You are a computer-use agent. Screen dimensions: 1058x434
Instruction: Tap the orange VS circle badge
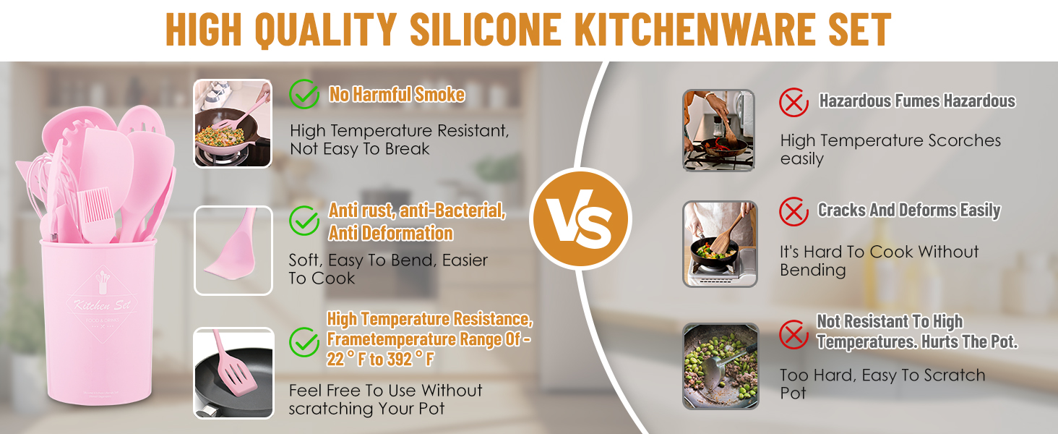coord(580,218)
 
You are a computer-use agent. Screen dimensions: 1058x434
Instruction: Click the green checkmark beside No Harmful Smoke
coord(304,94)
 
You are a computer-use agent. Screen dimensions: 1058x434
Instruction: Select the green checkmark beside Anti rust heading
coord(304,221)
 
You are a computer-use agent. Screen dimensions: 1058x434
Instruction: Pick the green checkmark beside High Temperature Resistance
coord(304,342)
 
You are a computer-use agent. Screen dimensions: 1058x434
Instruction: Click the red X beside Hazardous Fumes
coord(794,102)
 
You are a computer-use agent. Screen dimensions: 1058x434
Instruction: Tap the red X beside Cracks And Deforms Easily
coord(794,211)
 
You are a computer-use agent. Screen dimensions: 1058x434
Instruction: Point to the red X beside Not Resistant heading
coord(794,334)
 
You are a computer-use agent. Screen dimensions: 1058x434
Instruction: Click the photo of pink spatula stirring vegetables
coord(233,124)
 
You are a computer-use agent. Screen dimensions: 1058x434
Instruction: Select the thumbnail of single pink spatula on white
coord(233,250)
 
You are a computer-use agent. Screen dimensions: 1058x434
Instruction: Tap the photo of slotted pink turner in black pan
coord(234,373)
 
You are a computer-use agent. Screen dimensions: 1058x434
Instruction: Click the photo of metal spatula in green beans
coord(721,367)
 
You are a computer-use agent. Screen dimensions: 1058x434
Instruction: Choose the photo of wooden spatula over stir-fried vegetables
coord(720,244)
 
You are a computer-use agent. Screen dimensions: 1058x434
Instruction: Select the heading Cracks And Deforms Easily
coord(909,210)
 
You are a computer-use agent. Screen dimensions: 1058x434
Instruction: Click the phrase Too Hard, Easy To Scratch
coord(882,375)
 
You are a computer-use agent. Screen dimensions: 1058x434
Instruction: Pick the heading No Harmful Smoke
coord(397,95)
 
